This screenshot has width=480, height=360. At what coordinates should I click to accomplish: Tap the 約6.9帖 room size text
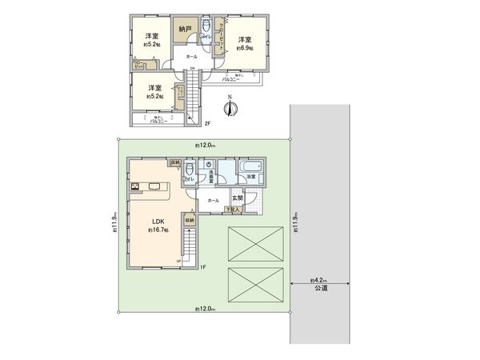245,48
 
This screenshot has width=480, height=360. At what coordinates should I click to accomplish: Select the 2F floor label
206,123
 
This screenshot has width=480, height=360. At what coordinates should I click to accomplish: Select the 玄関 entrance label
238,198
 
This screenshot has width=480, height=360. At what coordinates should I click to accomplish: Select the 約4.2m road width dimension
319,281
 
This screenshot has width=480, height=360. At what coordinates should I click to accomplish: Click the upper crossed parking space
256,242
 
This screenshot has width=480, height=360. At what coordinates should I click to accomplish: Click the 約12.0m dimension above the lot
203,145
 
